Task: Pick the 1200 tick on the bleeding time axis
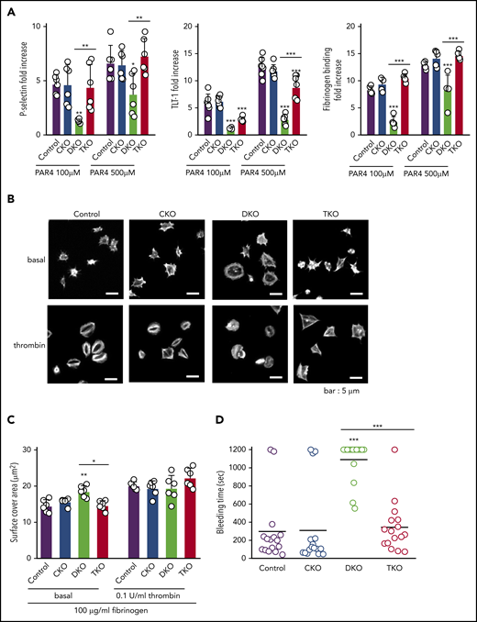[274, 450]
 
